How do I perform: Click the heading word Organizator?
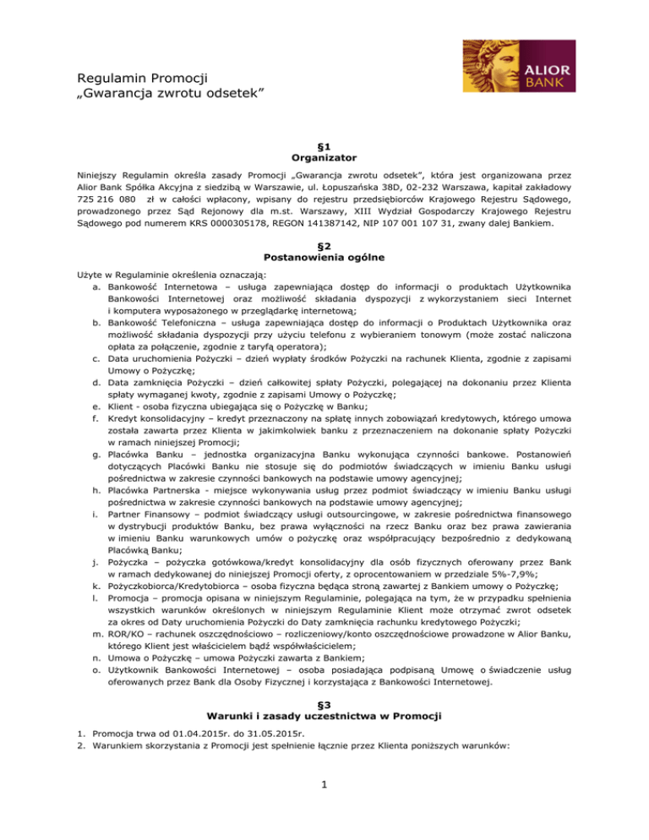(x=324, y=157)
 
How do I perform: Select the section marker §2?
(x=324, y=239)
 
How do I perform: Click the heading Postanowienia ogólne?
(x=324, y=252)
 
